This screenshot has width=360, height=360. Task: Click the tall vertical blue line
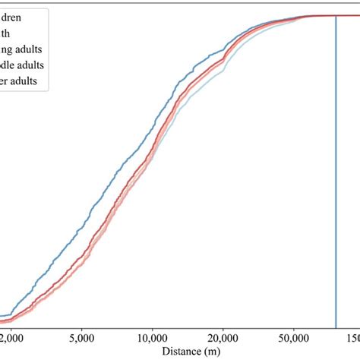(x=336, y=167)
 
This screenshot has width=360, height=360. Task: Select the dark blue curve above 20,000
(x=223, y=53)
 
